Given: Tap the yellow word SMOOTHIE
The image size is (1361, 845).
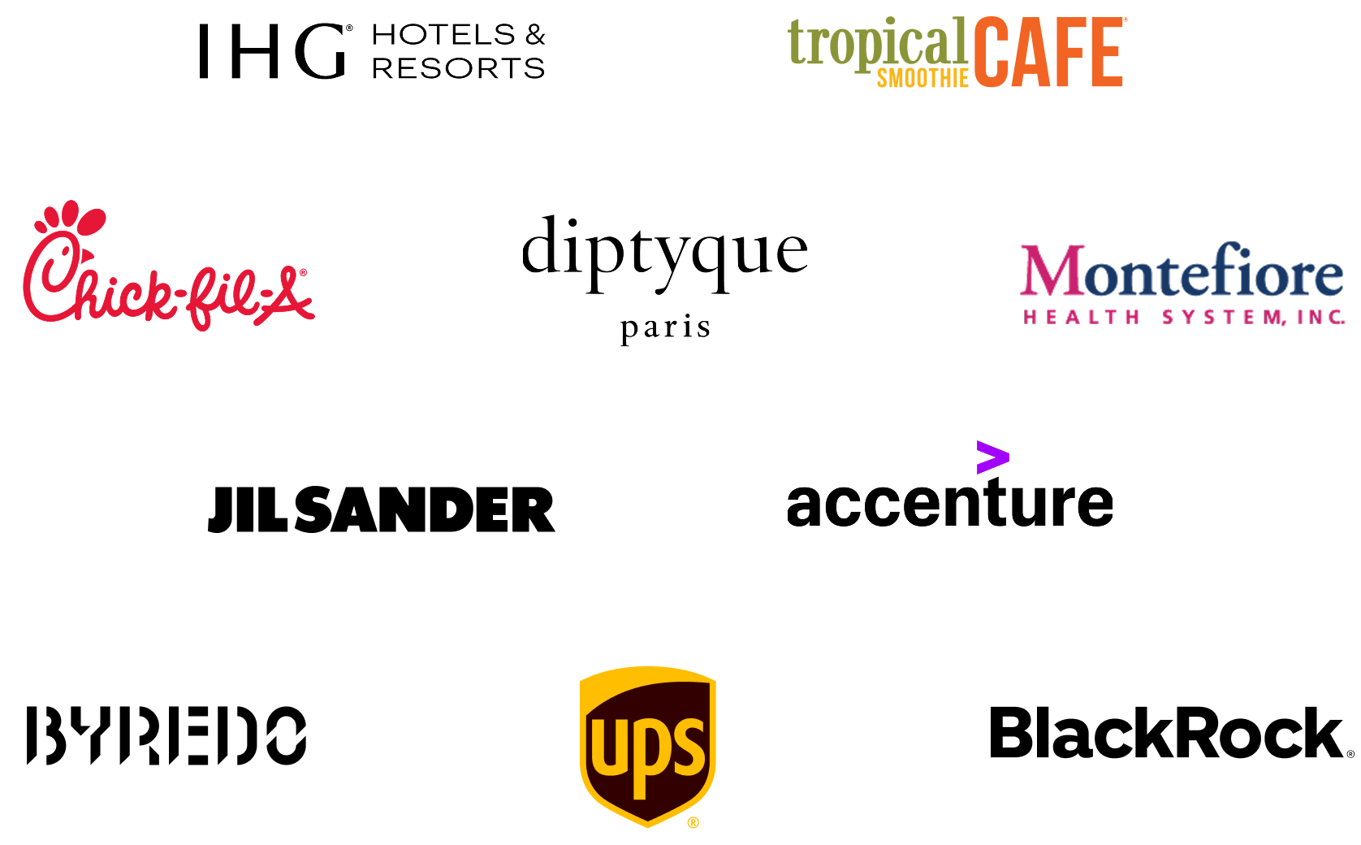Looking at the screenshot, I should pyautogui.click(x=922, y=79).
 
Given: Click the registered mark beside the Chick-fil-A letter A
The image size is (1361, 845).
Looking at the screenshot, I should pyautogui.click(x=303, y=273).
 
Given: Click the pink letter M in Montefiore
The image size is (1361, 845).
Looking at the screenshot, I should pyautogui.click(x=1052, y=271).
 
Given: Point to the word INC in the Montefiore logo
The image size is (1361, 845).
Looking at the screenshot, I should pyautogui.click(x=1321, y=317).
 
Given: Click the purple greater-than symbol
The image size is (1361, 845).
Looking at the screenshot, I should pyautogui.click(x=993, y=457).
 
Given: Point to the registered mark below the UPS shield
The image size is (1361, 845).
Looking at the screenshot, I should pyautogui.click(x=693, y=822).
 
